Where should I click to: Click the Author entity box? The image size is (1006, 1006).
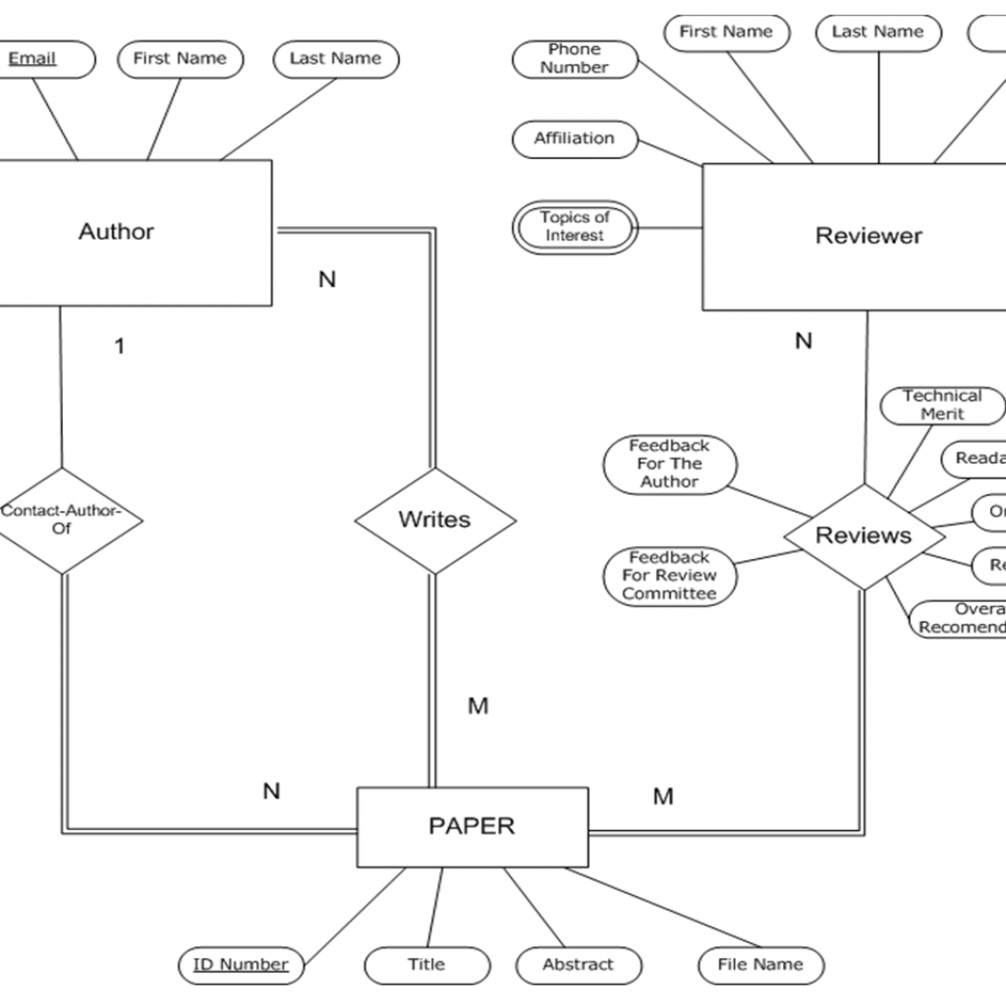[128, 233]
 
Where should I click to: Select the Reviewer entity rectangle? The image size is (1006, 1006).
[855, 237]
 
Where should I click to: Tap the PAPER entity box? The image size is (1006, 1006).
[472, 826]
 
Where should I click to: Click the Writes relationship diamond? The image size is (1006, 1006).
[434, 520]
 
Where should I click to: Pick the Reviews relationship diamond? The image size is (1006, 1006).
[864, 535]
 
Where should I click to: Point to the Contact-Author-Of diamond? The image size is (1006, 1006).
[63, 520]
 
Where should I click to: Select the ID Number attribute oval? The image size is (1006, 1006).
[241, 965]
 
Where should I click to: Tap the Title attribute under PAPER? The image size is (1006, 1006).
[426, 965]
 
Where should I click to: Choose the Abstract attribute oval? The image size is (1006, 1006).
[578, 965]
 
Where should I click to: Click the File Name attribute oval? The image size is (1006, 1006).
[760, 965]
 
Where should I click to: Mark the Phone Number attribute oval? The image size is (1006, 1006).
[575, 59]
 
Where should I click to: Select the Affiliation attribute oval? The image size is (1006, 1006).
[575, 139]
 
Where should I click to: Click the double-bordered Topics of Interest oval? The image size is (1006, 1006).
[575, 227]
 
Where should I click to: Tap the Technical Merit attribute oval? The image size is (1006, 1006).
[942, 405]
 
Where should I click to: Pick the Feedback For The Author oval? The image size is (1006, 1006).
[669, 464]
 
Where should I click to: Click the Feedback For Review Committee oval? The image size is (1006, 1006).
[669, 576]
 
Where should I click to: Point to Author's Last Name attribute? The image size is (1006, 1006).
[335, 59]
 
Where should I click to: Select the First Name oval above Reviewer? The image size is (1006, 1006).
[726, 32]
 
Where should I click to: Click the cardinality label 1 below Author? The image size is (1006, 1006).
[120, 347]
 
